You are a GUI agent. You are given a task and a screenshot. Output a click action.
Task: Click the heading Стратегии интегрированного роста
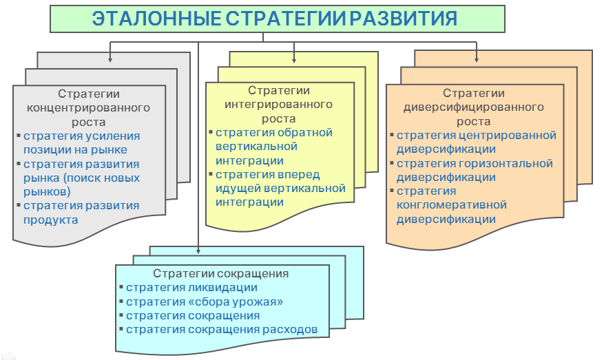pos(279,104)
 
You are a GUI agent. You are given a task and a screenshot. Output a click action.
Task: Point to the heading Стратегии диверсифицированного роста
pos(473,107)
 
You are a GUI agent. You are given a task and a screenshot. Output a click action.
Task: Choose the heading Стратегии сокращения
pos(220,273)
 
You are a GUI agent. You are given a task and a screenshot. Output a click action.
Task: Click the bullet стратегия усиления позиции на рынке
pos(81,142)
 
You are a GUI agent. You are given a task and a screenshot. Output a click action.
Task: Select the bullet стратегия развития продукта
pos(81,213)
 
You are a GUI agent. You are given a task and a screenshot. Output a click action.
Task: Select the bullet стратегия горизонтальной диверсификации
pos(475,170)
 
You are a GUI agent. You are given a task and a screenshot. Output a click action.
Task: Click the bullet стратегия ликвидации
pos(191,288)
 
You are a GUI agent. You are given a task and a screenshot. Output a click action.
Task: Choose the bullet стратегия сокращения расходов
pos(222,329)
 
